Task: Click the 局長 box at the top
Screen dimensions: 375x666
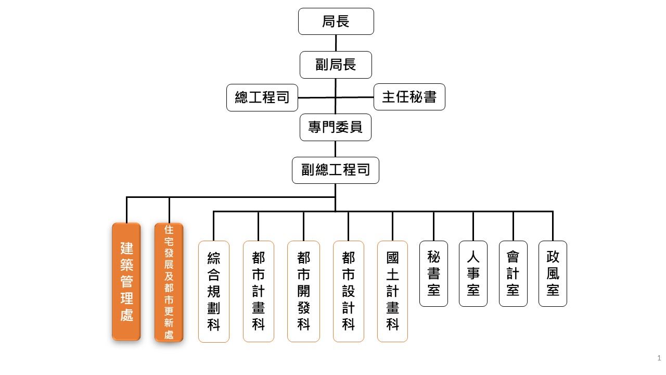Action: (336, 21)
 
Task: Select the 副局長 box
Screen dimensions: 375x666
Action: (336, 65)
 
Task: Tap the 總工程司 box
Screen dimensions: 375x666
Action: (262, 97)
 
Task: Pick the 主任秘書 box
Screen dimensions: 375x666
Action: (409, 97)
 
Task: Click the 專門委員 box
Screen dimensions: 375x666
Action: (336, 127)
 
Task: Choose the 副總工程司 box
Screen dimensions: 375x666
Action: (336, 170)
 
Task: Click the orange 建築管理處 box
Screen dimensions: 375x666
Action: (126, 281)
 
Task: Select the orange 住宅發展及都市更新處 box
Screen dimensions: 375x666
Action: (169, 282)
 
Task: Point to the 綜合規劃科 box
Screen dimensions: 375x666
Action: (214, 291)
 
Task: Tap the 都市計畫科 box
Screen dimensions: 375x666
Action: (259, 291)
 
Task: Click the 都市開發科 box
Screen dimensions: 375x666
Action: (303, 291)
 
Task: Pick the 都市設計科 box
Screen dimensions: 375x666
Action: (349, 291)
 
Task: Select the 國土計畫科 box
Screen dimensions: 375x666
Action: (392, 291)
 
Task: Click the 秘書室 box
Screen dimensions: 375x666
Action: (433, 273)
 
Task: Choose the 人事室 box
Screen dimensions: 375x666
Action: (473, 273)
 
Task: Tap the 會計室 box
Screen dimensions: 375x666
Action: (513, 273)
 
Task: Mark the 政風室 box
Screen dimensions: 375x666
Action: (553, 273)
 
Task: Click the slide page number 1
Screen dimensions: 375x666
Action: (659, 358)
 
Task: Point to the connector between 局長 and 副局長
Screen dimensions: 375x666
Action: (336, 43)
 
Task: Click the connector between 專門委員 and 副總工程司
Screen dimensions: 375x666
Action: (336, 149)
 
